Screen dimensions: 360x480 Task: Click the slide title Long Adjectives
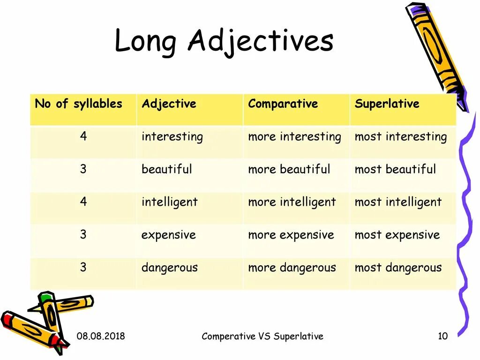[x=224, y=42]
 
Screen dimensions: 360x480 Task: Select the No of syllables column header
[x=78, y=104]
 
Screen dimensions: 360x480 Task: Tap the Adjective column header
[x=169, y=104]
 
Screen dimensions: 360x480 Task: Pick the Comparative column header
[x=283, y=104]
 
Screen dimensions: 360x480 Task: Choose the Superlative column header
[x=387, y=104]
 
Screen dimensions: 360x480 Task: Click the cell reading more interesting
[x=294, y=137]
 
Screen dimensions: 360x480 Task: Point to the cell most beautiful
[x=395, y=169]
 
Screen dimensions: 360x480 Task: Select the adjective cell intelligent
[x=169, y=202]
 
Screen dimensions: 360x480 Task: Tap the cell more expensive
[x=291, y=235]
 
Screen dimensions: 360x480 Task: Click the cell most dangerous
[x=398, y=268]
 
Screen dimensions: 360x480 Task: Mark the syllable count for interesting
[x=83, y=136]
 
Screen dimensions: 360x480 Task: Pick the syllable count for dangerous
[x=83, y=267]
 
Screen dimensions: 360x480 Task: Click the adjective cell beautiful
[x=166, y=169]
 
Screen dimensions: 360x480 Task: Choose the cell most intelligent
[x=398, y=202]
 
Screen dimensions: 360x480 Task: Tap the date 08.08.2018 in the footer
[x=101, y=336]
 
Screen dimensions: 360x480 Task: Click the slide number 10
[x=442, y=336]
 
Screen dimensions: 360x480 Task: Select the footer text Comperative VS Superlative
[x=262, y=336]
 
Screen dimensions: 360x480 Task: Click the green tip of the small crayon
[x=45, y=297]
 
